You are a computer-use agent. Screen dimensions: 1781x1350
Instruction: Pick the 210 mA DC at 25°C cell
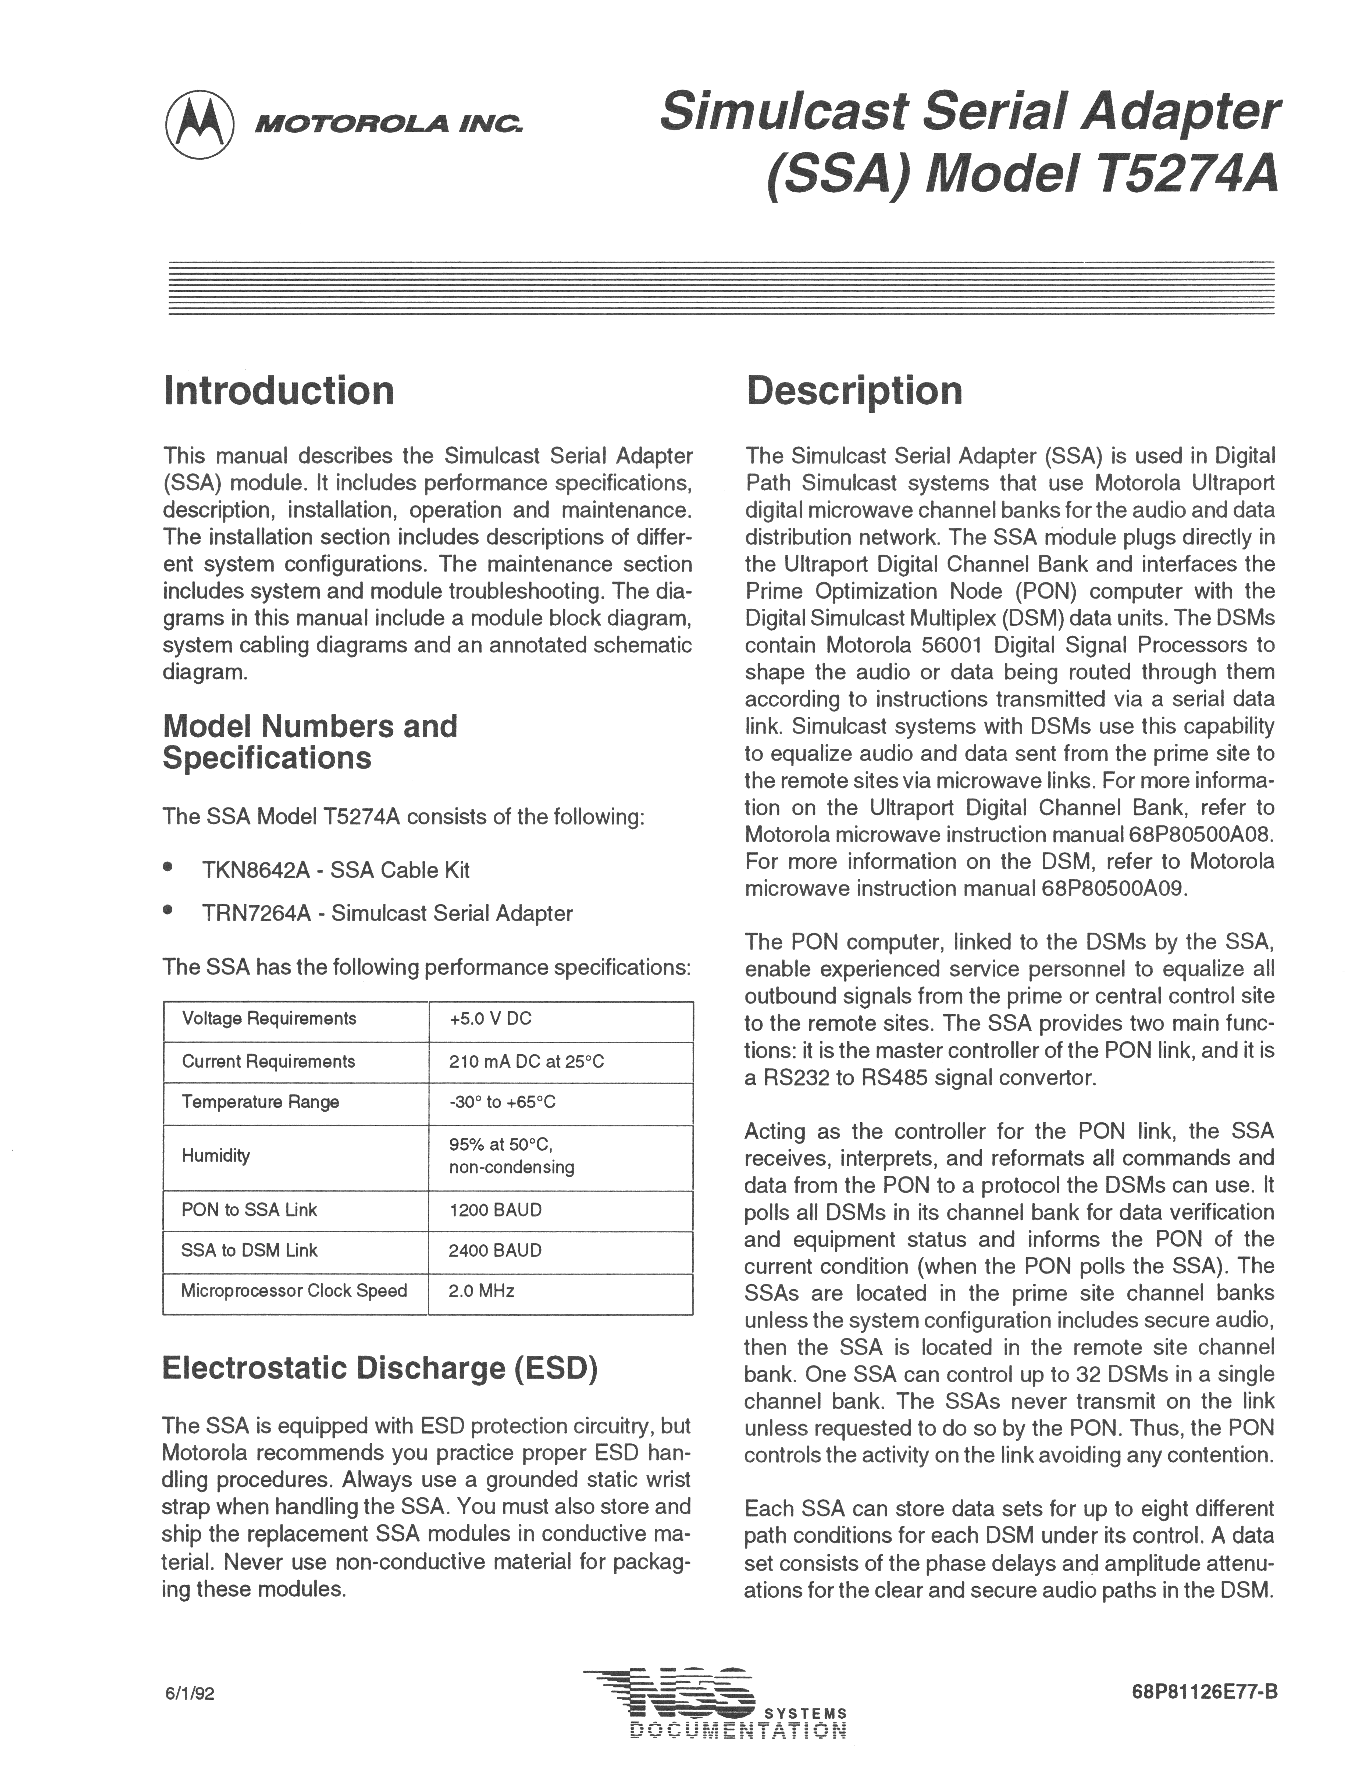tap(526, 1061)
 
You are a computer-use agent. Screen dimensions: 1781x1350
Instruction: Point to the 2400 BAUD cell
tap(495, 1250)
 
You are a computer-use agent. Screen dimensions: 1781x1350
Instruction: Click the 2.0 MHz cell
tap(482, 1291)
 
